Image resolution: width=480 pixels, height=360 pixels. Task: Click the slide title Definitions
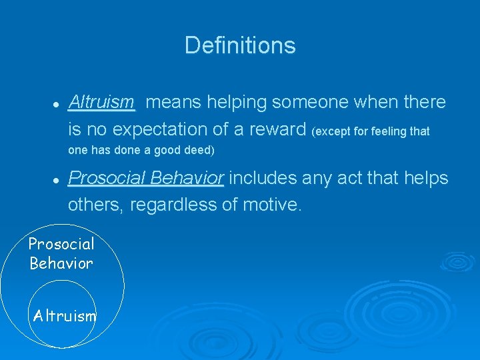pos(240,45)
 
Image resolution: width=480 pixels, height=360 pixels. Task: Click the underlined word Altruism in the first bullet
pos(101,103)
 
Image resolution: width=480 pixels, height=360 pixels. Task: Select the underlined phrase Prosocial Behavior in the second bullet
pos(146,179)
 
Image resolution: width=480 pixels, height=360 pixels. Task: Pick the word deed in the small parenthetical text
pos(196,150)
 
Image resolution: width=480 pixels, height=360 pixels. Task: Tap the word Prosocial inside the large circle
pos(61,244)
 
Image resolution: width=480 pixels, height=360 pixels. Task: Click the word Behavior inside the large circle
pos(61,263)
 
